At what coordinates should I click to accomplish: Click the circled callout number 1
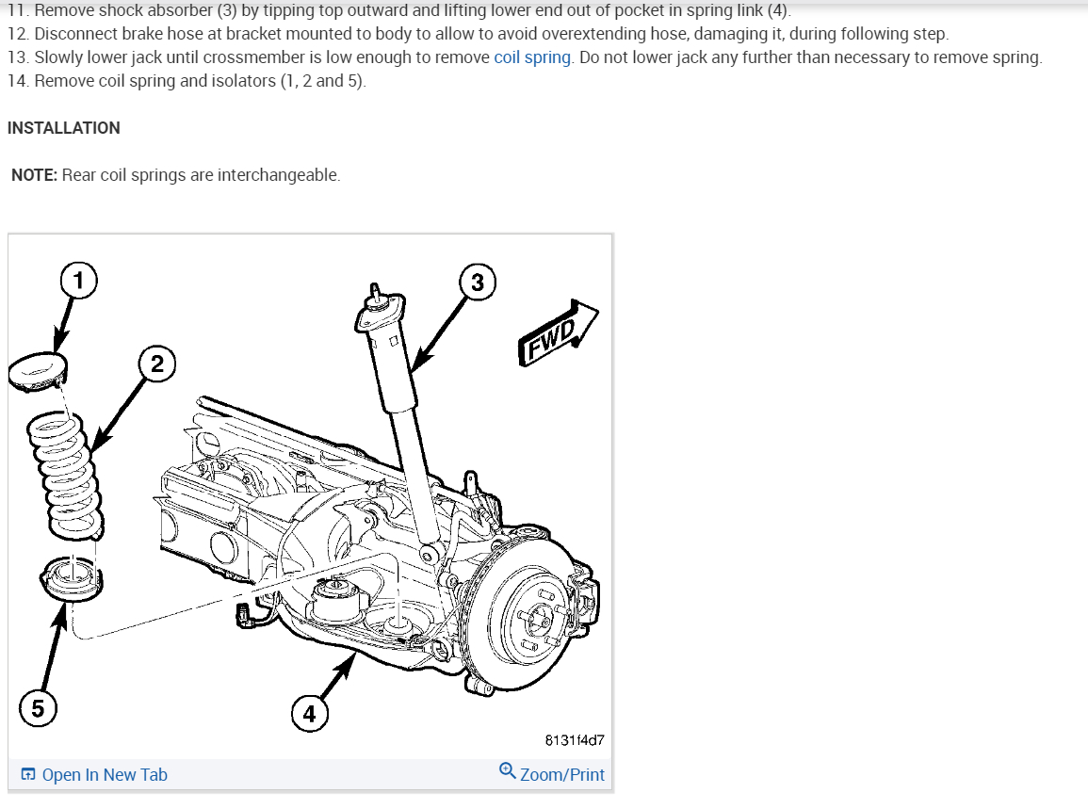click(x=79, y=279)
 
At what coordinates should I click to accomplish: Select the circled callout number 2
click(x=157, y=364)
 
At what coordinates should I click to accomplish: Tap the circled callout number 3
click(x=478, y=282)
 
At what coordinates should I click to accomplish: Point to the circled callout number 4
click(x=310, y=714)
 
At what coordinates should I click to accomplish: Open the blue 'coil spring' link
click(x=532, y=57)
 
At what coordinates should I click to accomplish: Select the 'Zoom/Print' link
click(x=561, y=775)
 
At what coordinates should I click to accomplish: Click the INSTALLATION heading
click(x=64, y=128)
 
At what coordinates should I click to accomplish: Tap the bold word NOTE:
click(x=35, y=175)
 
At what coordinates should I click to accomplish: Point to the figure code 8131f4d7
click(x=575, y=740)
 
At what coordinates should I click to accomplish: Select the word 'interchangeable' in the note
click(x=278, y=175)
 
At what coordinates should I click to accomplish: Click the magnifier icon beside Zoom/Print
click(x=508, y=771)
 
